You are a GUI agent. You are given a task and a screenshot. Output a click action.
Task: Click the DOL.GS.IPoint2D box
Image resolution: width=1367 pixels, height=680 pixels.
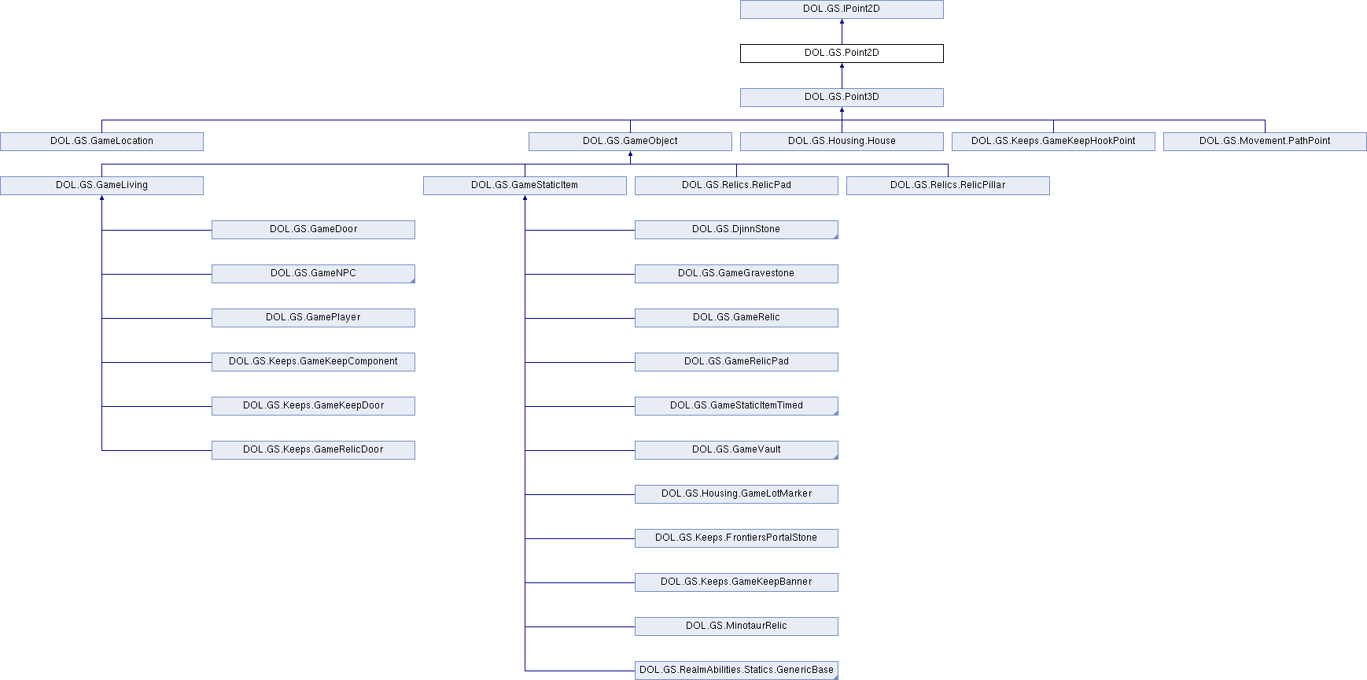click(x=842, y=9)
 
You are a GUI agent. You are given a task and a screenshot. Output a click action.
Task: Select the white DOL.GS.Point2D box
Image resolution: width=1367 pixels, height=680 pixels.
click(x=842, y=54)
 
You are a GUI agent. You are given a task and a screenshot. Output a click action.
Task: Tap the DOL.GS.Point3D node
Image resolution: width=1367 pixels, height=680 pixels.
click(x=842, y=98)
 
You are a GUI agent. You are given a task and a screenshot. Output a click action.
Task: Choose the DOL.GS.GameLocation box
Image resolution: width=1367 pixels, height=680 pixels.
click(x=101, y=142)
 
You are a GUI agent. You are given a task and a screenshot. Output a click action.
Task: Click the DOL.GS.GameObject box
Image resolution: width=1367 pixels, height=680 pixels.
click(x=630, y=142)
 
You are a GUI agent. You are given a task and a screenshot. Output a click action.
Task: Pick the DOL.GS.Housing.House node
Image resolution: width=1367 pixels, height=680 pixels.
click(x=842, y=142)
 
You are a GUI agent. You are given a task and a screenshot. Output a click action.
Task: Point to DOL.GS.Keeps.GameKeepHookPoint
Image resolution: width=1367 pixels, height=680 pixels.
click(x=1053, y=142)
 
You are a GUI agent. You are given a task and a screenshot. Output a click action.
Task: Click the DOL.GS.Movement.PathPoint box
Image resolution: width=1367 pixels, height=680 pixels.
click(x=1265, y=142)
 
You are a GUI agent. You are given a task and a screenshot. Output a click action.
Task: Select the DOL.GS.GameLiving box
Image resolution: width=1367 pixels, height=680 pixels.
click(x=101, y=186)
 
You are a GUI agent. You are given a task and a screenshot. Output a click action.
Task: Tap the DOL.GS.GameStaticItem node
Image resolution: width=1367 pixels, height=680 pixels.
click(x=525, y=186)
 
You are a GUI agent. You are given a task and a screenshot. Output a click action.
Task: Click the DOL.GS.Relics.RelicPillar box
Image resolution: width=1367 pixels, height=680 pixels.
click(x=948, y=186)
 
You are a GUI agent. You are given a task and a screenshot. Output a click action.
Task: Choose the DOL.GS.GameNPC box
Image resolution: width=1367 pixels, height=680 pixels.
click(x=313, y=274)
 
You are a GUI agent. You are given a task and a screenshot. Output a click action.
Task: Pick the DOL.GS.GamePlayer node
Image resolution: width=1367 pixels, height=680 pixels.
click(x=313, y=318)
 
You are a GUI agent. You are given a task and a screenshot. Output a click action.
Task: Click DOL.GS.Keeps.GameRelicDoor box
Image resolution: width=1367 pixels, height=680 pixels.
click(x=313, y=450)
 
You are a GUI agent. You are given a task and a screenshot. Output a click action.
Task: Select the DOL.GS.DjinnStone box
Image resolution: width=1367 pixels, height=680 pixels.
click(x=736, y=230)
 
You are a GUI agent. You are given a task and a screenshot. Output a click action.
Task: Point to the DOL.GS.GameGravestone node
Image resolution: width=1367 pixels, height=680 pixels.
click(x=736, y=274)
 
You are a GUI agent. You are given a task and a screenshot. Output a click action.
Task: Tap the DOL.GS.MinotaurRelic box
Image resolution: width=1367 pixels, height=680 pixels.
click(x=736, y=626)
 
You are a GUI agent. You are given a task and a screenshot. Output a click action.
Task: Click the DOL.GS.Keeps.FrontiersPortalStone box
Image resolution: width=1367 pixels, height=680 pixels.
click(x=736, y=538)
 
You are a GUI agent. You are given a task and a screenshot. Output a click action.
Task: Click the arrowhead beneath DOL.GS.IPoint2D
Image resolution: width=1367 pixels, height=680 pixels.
click(x=842, y=22)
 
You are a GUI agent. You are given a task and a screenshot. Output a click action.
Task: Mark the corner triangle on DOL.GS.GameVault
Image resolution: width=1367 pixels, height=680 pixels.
click(x=835, y=456)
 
